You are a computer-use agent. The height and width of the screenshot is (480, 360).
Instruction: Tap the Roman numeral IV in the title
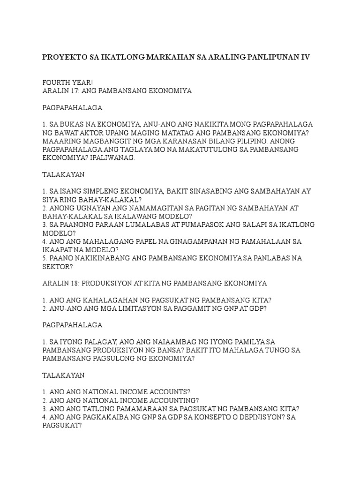305,57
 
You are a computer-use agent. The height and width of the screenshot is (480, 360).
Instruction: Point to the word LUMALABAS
134,225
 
